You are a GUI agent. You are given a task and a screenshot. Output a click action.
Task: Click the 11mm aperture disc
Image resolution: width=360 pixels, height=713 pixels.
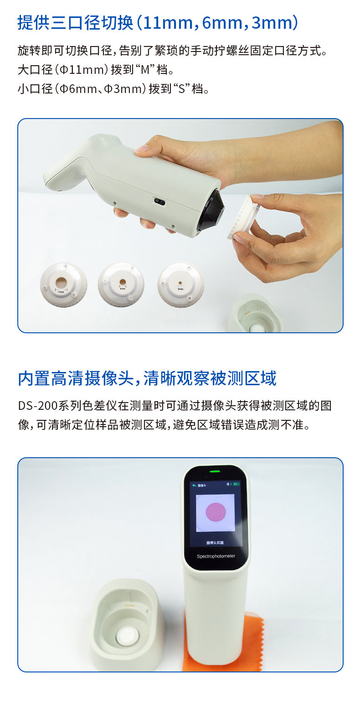click(63, 284)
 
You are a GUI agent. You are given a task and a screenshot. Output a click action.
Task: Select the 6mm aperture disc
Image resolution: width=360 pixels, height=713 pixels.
click(121, 284)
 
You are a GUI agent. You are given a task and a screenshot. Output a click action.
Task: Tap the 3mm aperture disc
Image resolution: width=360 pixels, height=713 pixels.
click(180, 284)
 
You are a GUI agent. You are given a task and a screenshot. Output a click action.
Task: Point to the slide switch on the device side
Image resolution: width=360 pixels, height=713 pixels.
click(159, 201)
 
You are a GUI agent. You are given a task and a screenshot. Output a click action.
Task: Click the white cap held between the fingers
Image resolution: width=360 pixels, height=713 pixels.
click(244, 216)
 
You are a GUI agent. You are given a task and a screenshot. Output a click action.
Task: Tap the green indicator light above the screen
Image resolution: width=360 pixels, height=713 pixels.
click(215, 471)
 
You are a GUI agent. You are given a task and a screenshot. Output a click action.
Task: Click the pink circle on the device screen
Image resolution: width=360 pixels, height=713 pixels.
click(216, 512)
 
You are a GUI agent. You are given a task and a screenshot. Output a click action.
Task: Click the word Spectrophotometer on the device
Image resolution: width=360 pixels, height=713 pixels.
click(216, 556)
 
